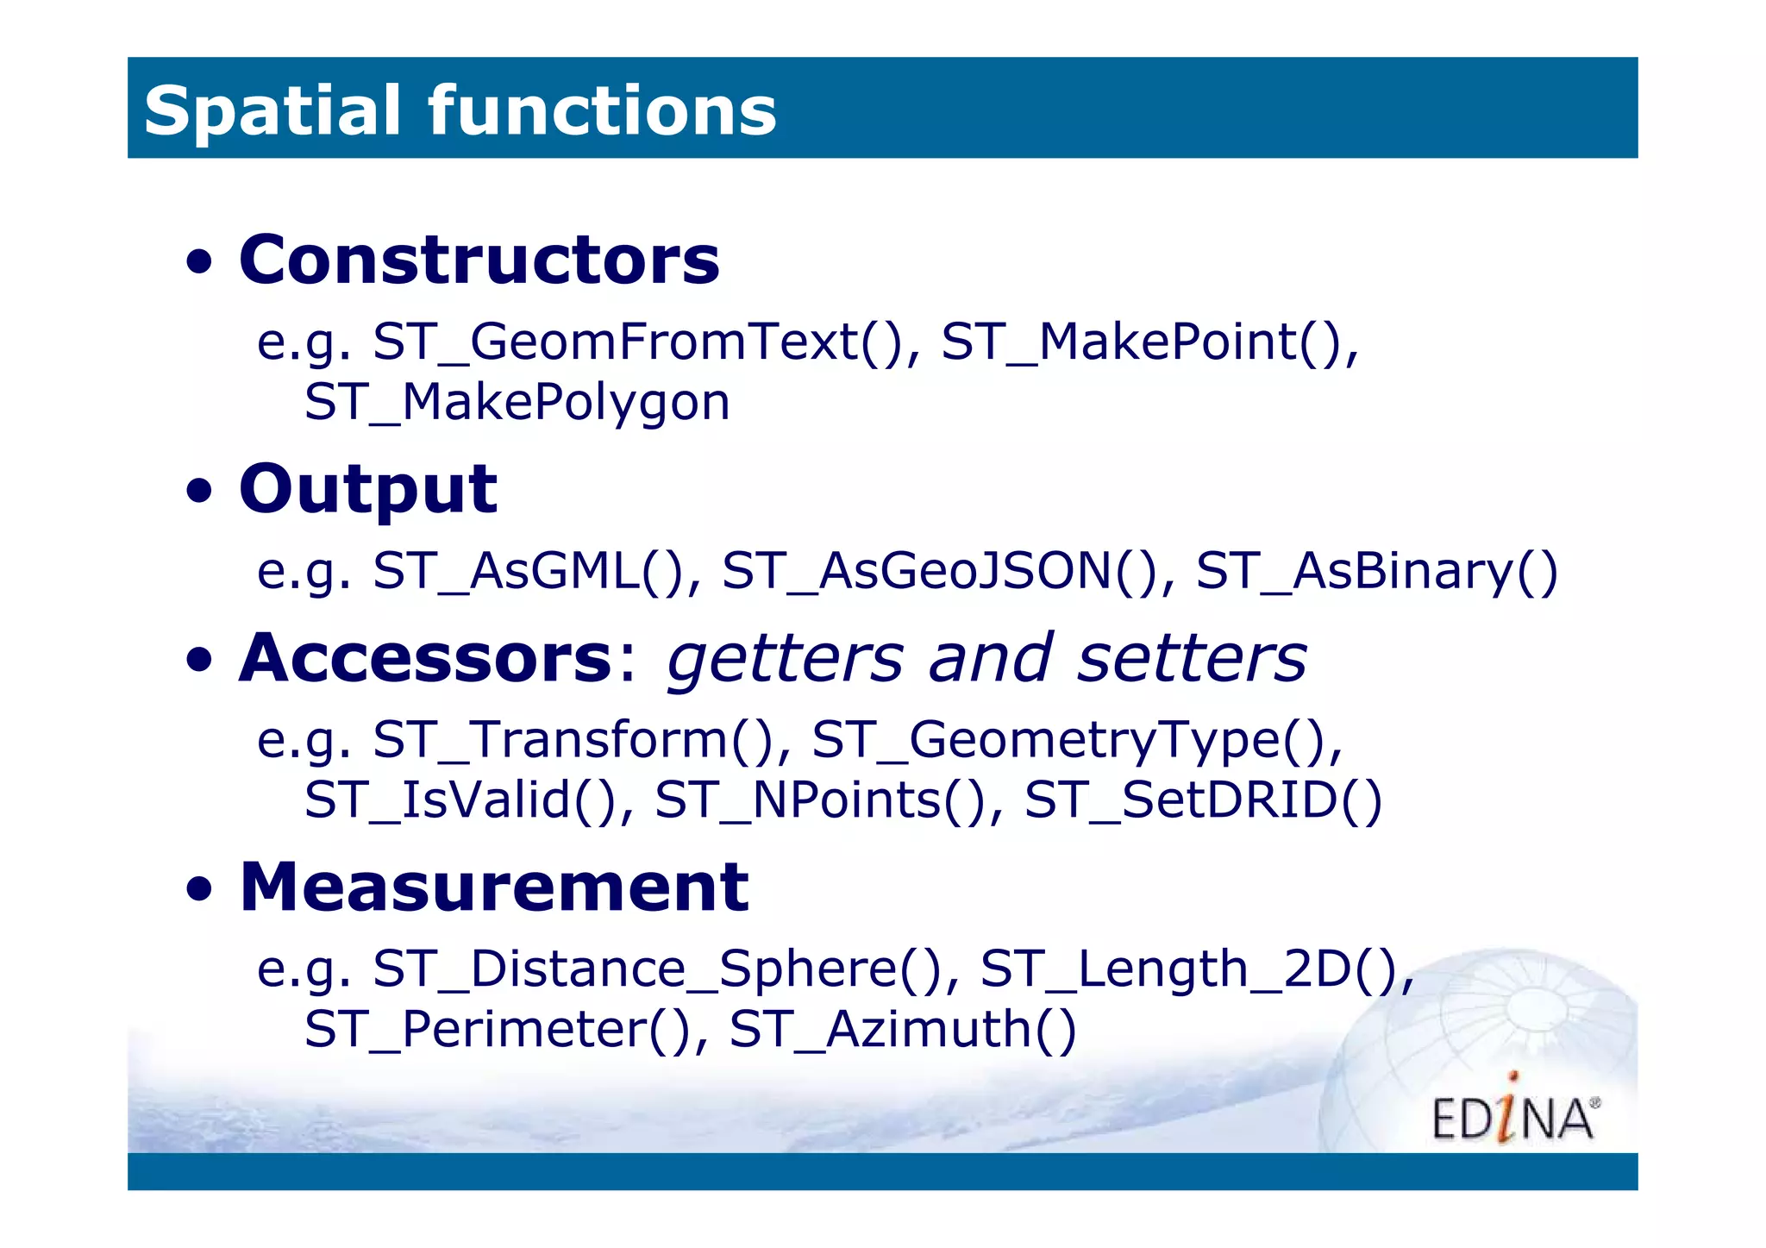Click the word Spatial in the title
click(x=272, y=110)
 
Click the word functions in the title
click(x=602, y=110)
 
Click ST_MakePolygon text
click(x=517, y=402)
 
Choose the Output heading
click(x=368, y=489)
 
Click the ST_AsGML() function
click(x=528, y=570)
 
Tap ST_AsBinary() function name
click(x=1377, y=570)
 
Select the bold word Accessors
click(x=425, y=657)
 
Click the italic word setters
click(x=1192, y=657)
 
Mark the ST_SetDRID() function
click(x=1203, y=800)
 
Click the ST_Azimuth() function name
click(x=903, y=1029)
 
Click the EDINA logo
click(x=1514, y=1115)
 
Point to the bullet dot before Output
click(x=199, y=491)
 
